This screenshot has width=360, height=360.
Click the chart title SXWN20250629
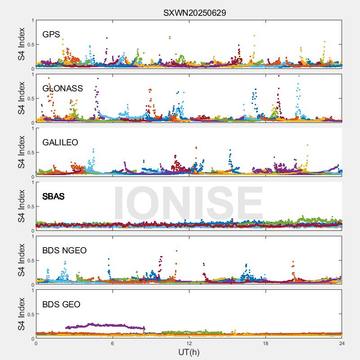194,13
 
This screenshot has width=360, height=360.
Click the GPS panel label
51,35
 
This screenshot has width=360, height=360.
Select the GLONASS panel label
63,89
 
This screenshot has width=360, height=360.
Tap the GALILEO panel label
60,143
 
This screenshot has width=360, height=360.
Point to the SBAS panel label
53,197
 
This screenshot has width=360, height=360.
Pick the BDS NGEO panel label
64,251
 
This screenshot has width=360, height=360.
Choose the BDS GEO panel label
61,305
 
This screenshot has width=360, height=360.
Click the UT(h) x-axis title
189,352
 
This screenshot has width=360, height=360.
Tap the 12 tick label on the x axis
189,343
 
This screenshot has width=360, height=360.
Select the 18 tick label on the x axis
265,343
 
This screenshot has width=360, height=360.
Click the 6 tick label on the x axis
112,343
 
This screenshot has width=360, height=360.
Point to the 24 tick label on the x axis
342,343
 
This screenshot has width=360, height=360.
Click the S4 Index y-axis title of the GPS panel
21,45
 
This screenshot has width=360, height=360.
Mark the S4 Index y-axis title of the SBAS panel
21,207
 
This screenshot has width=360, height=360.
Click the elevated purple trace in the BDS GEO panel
103,325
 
